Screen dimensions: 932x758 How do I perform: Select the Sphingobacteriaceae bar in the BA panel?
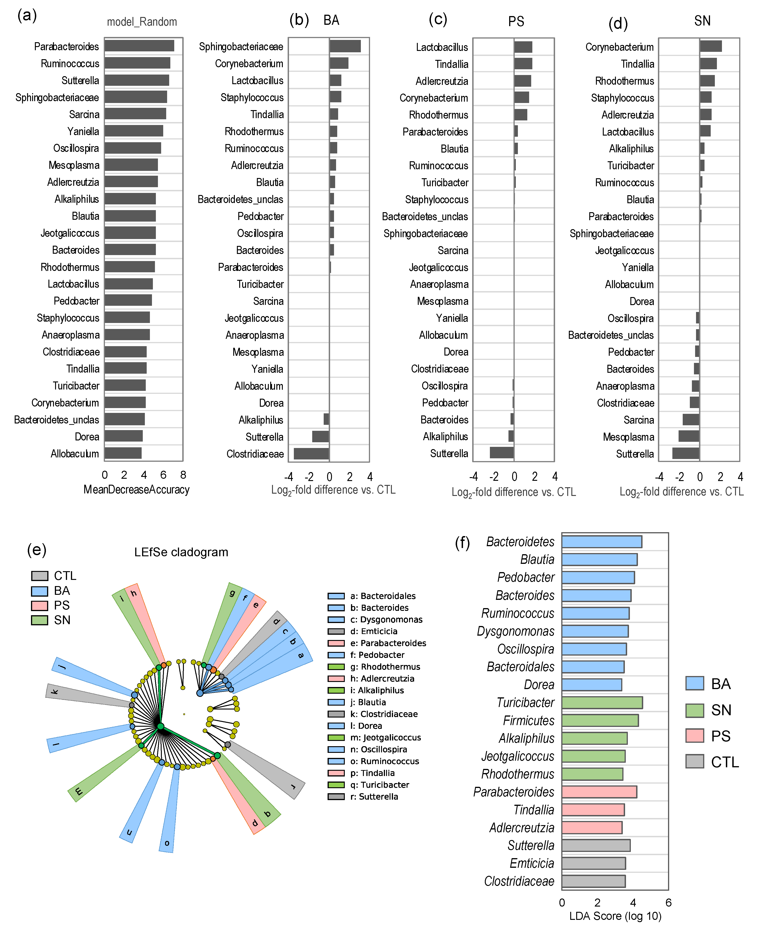point(345,46)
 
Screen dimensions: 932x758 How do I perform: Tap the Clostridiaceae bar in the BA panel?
point(311,454)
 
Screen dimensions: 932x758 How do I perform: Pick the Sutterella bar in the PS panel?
point(502,453)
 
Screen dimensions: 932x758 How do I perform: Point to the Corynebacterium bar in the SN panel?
point(710,46)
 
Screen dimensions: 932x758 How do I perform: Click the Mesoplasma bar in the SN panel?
point(689,436)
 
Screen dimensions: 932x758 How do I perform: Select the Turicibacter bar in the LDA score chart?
point(602,702)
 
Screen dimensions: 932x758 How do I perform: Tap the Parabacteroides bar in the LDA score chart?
point(599,792)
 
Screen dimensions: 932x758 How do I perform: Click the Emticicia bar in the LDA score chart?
point(593,863)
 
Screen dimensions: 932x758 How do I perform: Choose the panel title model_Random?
point(142,22)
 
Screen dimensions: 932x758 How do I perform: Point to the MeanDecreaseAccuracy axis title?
point(136,490)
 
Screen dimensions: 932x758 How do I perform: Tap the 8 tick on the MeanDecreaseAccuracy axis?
point(183,475)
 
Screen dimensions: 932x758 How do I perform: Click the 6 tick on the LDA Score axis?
point(668,902)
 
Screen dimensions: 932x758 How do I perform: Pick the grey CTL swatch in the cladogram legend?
point(39,576)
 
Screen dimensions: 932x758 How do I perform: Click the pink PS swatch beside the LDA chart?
point(694,736)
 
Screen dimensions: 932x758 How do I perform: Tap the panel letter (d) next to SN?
point(618,24)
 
